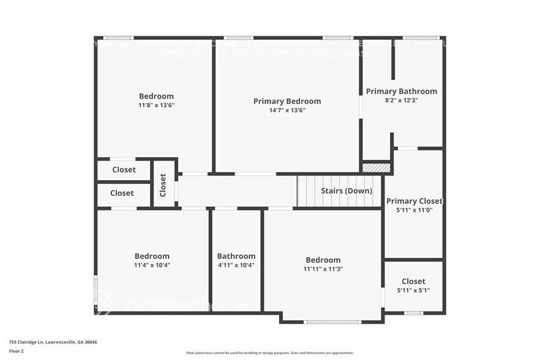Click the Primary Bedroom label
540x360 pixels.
287,101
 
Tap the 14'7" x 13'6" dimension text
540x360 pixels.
287,111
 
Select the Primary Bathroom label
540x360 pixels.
402,91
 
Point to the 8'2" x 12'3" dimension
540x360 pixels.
402,100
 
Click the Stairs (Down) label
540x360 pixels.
347,191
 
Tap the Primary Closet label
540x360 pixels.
414,201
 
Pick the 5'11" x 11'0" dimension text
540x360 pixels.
414,210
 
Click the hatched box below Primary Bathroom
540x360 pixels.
376,167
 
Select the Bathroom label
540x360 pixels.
236,256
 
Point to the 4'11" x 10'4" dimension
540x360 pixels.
236,265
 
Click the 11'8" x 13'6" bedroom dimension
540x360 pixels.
156,105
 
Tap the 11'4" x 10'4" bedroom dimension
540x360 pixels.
152,265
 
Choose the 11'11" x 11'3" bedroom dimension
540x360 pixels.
323,269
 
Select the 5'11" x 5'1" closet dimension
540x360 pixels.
414,290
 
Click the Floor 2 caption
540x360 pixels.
16,351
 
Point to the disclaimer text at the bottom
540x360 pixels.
270,353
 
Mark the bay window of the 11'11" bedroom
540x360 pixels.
332,321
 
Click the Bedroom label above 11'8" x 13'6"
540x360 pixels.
156,96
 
